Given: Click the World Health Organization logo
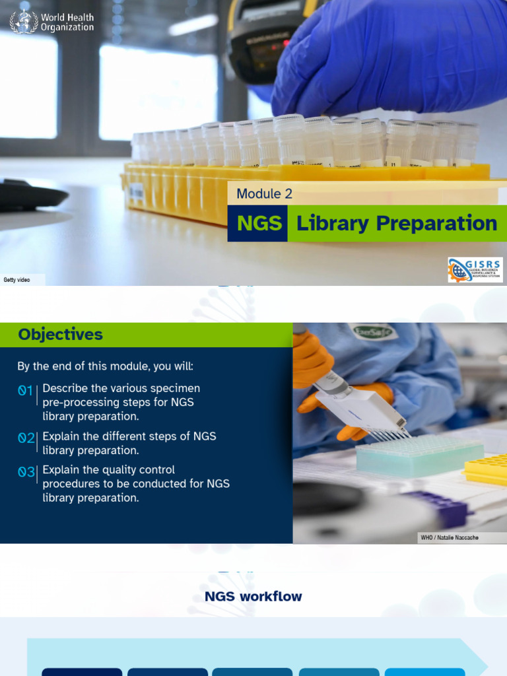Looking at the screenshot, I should point(51,22).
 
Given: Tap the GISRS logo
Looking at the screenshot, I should point(475,270).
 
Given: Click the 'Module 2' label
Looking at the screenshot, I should point(264,193).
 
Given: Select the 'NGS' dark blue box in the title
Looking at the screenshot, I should point(258,224).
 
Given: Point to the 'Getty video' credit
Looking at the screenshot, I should point(17,280).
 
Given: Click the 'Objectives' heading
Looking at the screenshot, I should point(61,335).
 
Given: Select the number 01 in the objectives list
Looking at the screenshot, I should point(26,391).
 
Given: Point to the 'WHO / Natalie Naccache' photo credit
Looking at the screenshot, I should point(450,537).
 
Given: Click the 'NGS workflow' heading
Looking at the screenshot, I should point(253,597).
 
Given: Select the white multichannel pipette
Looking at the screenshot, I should point(360,403).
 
